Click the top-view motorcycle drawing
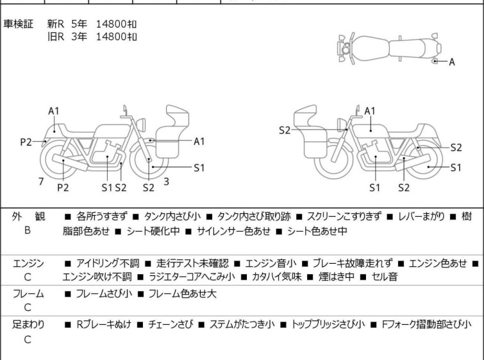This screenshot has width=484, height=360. tap(387, 47)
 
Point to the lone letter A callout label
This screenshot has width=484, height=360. tap(451, 62)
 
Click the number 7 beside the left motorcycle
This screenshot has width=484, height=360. tap(41, 182)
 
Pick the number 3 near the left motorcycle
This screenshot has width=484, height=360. tap(166, 182)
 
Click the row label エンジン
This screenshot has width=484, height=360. tap(28, 263)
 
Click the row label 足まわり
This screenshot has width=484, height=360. tap(28, 325)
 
